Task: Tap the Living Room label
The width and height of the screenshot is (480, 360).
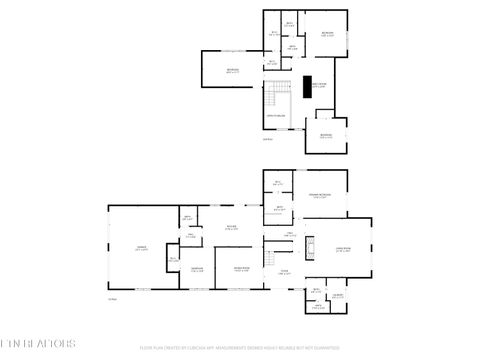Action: [x=343, y=249]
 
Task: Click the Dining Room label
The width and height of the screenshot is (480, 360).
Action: [x=242, y=269]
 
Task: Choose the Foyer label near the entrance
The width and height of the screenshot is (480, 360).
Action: [x=284, y=271]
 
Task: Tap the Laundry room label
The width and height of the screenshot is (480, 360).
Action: [x=198, y=269]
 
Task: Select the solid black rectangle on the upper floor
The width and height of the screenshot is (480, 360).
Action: [x=309, y=87]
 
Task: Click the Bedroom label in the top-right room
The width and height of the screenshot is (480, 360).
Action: [x=326, y=34]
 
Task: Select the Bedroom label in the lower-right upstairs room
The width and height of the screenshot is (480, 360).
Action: [x=326, y=136]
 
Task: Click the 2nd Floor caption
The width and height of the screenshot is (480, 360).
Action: [x=267, y=139]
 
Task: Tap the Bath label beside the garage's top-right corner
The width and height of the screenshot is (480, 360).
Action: [x=187, y=218]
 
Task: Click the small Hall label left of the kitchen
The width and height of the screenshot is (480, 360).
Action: [x=190, y=236]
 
